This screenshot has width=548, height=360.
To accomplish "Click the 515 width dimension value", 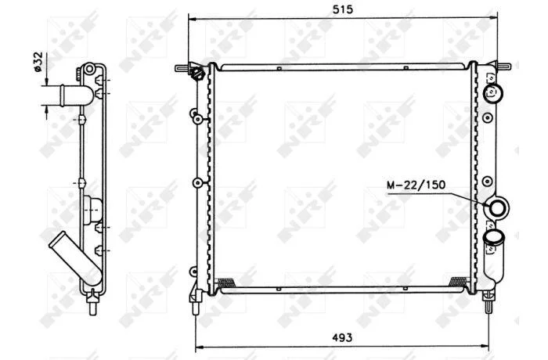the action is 343,9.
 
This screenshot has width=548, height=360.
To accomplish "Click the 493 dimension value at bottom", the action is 343,337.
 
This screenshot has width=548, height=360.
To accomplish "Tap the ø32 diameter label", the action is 38,62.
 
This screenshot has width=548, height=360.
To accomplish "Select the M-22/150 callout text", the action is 416,185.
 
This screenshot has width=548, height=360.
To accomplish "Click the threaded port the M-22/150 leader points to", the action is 496,209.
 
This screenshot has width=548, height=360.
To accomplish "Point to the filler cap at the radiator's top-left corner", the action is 197,73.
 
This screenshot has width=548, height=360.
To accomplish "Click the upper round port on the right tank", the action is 492,93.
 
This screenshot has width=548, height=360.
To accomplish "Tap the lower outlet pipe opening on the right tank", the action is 494,237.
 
